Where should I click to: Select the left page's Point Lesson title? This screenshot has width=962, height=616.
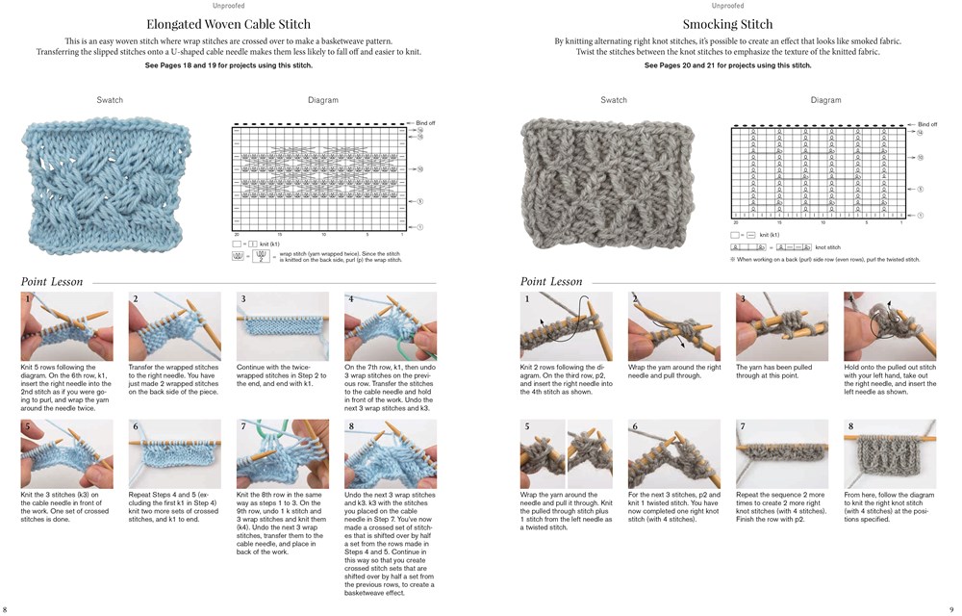[52, 281]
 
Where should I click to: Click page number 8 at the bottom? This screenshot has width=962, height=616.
[6, 608]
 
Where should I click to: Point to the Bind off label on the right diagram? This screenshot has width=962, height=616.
[926, 124]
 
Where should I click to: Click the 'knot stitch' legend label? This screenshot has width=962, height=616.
[826, 247]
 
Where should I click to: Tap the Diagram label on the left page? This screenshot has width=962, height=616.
[323, 100]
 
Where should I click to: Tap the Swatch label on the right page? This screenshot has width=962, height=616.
[614, 100]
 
